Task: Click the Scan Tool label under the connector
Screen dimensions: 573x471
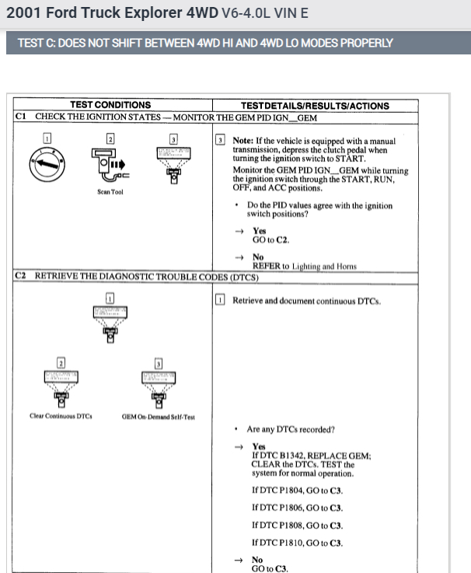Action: point(110,191)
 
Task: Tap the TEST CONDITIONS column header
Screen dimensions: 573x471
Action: point(110,105)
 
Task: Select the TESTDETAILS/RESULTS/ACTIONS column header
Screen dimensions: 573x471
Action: point(315,106)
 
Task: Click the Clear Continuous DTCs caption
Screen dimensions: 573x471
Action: point(61,415)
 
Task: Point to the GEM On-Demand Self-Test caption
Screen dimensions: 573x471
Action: point(158,416)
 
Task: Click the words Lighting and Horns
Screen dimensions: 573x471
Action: point(324,266)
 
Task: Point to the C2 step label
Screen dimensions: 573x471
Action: point(22,277)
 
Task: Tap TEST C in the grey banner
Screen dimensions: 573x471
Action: point(35,42)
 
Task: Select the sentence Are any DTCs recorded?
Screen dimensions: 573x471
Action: point(291,429)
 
